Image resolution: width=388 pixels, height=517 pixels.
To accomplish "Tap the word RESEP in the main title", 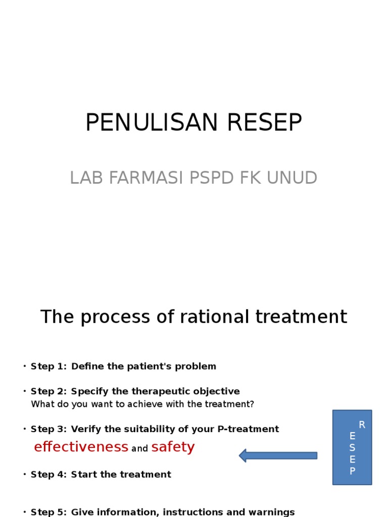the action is (x=265, y=122).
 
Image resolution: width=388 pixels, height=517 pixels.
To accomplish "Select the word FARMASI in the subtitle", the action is (x=146, y=178).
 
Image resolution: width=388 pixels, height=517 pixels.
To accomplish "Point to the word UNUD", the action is (x=292, y=178).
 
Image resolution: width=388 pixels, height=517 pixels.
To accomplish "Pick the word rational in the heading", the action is (x=214, y=317).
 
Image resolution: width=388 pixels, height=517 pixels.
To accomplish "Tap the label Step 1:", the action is (x=48, y=367).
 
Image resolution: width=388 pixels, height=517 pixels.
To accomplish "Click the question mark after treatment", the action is (x=252, y=404).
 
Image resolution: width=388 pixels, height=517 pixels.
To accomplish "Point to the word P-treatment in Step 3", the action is (x=248, y=429).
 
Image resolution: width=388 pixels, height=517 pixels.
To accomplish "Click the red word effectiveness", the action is (x=81, y=447).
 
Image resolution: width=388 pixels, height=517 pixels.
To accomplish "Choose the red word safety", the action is (x=173, y=447).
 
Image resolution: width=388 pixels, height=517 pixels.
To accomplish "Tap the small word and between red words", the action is (x=139, y=448).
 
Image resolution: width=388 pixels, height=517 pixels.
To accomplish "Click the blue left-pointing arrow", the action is (x=278, y=456).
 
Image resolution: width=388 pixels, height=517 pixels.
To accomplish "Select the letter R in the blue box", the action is (x=362, y=425).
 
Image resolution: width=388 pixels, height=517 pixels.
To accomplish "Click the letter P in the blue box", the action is (x=352, y=471).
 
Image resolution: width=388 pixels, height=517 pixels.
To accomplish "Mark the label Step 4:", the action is (x=48, y=475).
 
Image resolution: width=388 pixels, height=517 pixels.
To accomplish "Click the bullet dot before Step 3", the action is (x=25, y=429).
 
